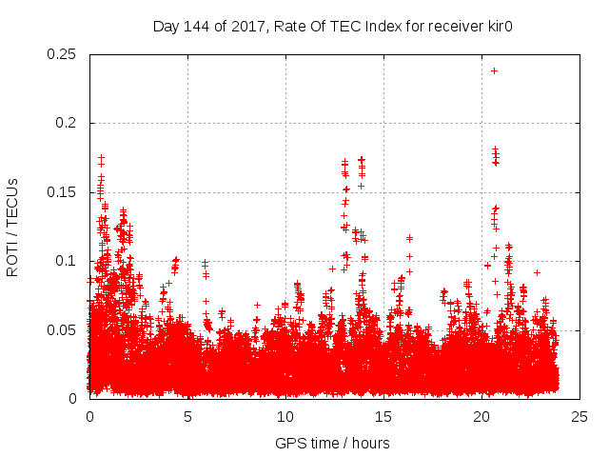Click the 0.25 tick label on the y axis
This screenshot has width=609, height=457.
pyautogui.click(x=62, y=54)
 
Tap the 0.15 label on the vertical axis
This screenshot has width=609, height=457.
pyautogui.click(x=62, y=192)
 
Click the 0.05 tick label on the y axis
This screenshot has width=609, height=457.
pyautogui.click(x=62, y=329)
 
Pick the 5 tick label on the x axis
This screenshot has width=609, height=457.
pyautogui.click(x=187, y=416)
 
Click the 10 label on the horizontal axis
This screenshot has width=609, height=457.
pyautogui.click(x=285, y=416)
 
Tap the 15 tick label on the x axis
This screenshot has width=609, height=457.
pyautogui.click(x=383, y=416)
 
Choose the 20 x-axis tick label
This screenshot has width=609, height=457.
pyautogui.click(x=481, y=416)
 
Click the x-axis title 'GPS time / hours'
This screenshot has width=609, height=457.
pyautogui.click(x=332, y=443)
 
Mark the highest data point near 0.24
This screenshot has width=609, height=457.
pyautogui.click(x=494, y=70)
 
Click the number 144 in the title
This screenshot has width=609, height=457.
pyautogui.click(x=196, y=26)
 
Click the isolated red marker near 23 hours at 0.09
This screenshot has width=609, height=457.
pyautogui.click(x=538, y=272)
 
